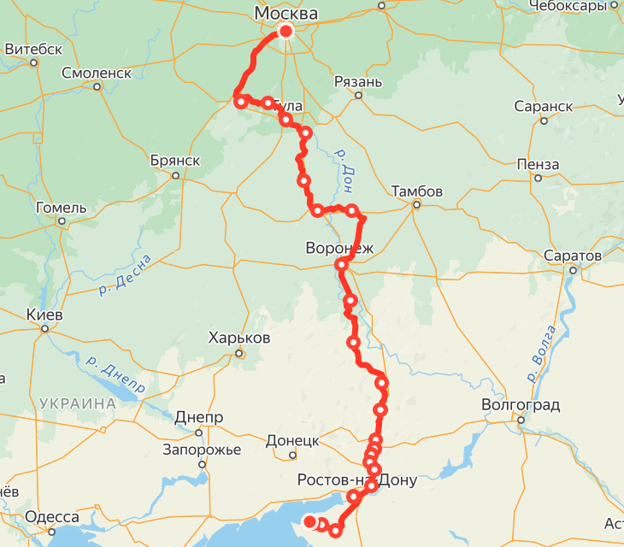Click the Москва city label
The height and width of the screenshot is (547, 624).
286,14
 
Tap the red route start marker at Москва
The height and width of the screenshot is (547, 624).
286,32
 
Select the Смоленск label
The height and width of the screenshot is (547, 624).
97,73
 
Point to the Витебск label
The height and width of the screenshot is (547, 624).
33,50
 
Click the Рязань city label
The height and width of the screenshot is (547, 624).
357,82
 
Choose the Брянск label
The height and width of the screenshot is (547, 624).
174,161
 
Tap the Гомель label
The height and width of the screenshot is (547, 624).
61,208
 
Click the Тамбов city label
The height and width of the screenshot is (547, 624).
416,191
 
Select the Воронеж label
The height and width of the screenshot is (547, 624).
340,249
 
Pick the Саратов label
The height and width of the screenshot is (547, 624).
573,256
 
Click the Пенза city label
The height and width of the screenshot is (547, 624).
538,164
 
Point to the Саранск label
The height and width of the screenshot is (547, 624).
544,107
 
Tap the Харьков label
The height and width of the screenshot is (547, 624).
239,338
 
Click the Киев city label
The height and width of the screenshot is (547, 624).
44,315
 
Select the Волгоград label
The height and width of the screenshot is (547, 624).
521,405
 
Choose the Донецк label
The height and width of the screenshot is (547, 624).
292,441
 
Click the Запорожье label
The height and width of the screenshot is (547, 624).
203,450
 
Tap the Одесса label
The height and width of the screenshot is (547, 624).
52,517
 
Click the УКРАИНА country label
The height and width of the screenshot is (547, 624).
77,403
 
